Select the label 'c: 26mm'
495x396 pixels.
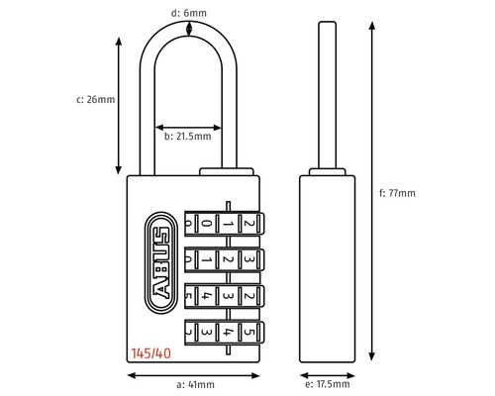click(97, 100)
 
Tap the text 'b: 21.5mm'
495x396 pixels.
click(188, 137)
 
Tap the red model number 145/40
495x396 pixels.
click(148, 351)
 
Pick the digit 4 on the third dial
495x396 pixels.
click(204, 296)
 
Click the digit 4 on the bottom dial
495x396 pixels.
click(228, 333)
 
